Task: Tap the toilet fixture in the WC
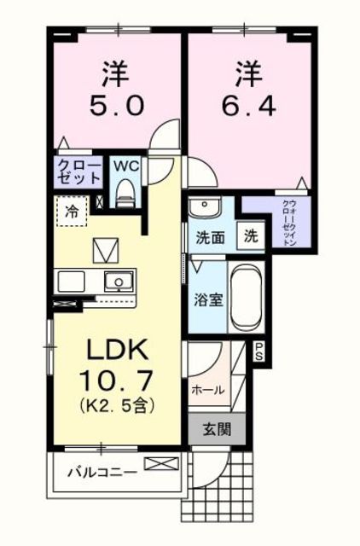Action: tap(125, 194)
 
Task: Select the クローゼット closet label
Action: tap(78, 171)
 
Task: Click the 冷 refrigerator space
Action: tap(72, 212)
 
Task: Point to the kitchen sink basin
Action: tap(119, 281)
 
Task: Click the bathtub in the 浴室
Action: tap(247, 298)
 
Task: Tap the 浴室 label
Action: tap(208, 300)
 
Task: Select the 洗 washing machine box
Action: tap(251, 236)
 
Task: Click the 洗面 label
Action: tap(210, 237)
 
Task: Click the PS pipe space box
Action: tap(259, 351)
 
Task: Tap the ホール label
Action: tap(208, 390)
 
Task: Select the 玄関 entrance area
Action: tap(217, 430)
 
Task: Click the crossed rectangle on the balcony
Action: tap(161, 463)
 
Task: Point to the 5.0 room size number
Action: tap(116, 106)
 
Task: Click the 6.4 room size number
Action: tap(249, 106)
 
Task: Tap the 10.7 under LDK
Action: tap(116, 380)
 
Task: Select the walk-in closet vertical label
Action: tap(289, 224)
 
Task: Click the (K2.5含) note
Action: tap(117, 405)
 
